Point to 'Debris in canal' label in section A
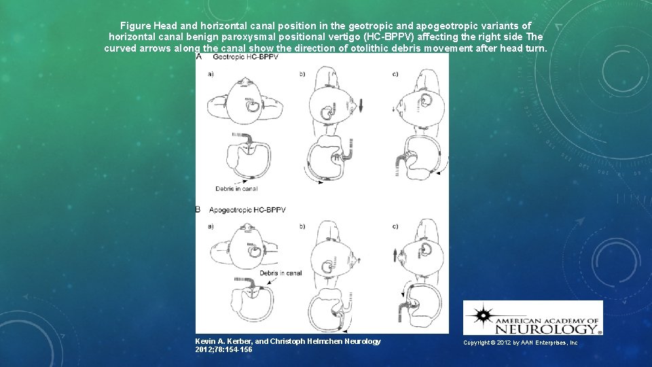click(236, 188)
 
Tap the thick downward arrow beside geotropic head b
click(362, 107)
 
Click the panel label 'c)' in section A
click(395, 73)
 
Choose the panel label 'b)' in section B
click(302, 226)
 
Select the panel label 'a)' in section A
click(211, 73)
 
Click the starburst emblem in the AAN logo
click(483, 316)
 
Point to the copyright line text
click(520, 343)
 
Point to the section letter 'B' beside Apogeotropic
click(198, 211)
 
